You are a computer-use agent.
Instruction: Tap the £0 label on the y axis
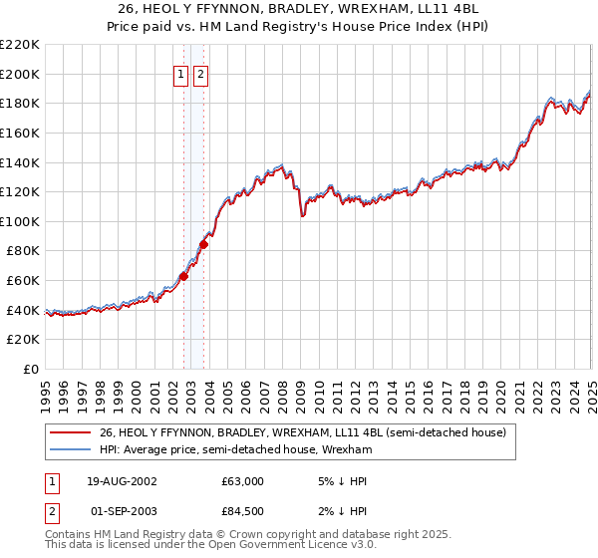[x=31, y=369]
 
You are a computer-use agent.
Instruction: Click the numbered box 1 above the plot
[x=180, y=74]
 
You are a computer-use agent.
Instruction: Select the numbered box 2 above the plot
[x=200, y=74]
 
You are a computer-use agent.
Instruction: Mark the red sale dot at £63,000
[x=183, y=276]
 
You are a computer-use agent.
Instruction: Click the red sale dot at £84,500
[x=203, y=244]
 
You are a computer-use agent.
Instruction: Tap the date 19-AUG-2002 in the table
[x=123, y=481]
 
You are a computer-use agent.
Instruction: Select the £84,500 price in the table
[x=242, y=512]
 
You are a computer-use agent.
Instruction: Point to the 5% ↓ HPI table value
[x=340, y=481]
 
